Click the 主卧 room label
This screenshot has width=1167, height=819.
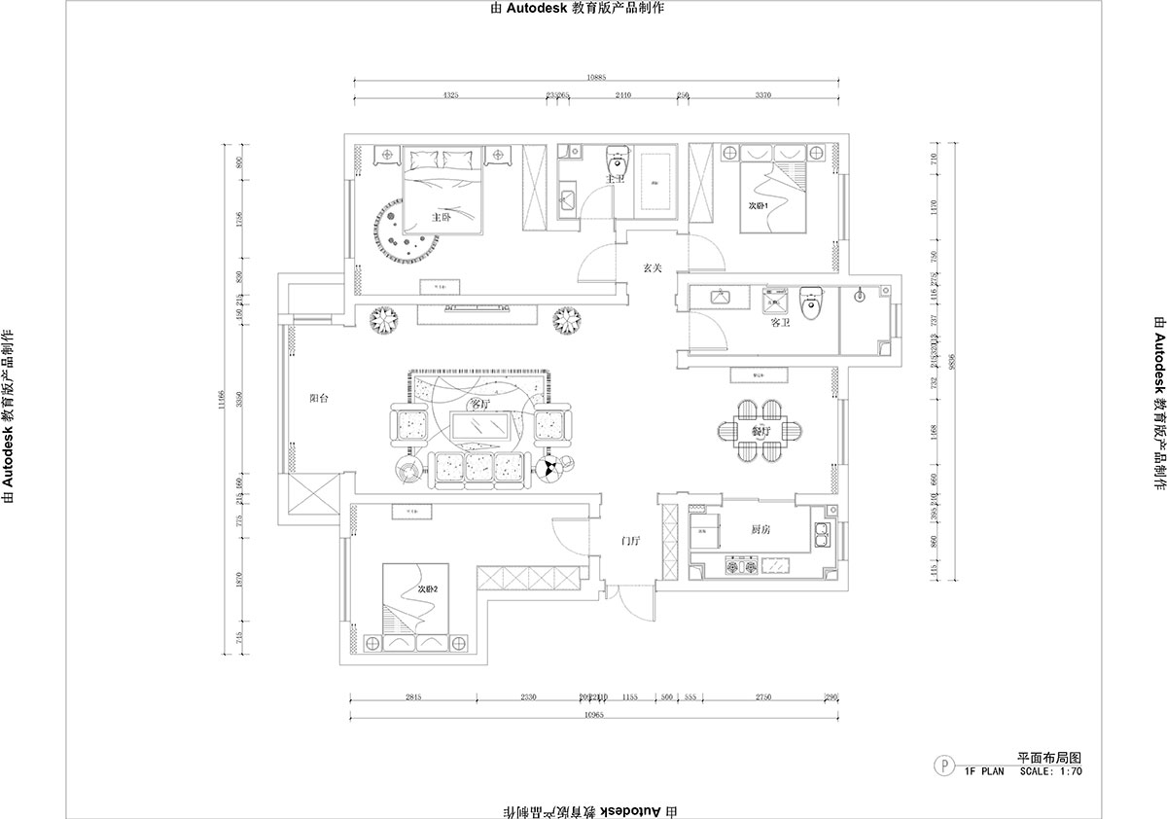point(441,217)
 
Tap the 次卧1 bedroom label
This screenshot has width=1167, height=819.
point(759,206)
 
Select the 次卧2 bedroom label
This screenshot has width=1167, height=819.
point(428,589)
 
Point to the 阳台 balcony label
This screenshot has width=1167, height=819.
point(318,398)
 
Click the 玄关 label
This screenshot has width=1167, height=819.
point(653,267)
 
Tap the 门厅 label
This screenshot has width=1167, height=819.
point(631,541)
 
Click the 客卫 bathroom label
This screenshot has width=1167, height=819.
point(778,322)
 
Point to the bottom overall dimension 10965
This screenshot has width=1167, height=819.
point(595,715)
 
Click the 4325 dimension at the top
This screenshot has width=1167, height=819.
point(450,95)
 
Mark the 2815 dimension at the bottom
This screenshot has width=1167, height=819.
point(412,697)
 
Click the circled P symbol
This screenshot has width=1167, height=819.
point(942,765)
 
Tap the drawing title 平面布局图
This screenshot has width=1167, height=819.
point(1049,757)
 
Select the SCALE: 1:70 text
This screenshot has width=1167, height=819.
point(1050,771)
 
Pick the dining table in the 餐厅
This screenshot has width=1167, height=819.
point(761,429)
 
